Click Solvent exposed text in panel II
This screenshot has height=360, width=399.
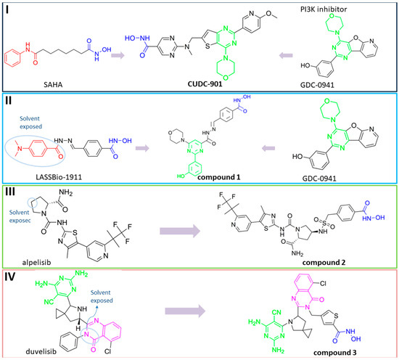[37, 109]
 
